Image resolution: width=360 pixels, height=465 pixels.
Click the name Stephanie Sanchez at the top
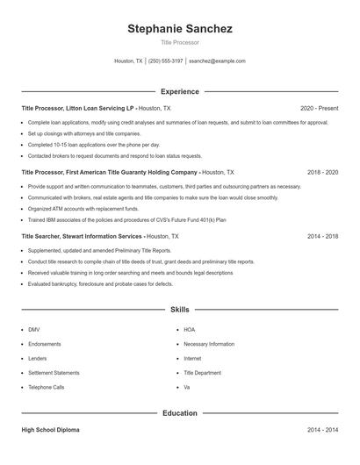(x=180, y=29)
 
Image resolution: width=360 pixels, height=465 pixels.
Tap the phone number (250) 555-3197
(x=165, y=61)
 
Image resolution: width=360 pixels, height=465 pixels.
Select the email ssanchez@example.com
(x=218, y=61)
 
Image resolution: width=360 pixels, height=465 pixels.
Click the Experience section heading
(x=180, y=91)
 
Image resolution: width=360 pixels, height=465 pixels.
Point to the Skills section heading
(x=180, y=310)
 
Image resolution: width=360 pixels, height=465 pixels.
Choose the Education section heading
(x=180, y=412)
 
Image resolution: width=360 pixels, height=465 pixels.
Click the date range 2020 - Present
(x=319, y=108)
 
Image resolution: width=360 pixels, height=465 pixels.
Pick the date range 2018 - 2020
(x=323, y=173)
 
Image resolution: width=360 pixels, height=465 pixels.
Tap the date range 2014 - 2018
(x=323, y=237)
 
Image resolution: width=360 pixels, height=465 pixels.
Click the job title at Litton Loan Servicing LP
(x=77, y=108)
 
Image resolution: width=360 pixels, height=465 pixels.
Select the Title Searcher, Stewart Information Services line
(x=82, y=237)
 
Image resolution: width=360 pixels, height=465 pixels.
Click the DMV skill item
(x=33, y=330)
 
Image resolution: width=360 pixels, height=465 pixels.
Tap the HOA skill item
(x=190, y=330)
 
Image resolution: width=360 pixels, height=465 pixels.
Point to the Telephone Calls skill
(x=46, y=387)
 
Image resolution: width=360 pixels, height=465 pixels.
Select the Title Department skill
(x=203, y=372)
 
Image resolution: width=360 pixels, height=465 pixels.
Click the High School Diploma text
(x=52, y=431)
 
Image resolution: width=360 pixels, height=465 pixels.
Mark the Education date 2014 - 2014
(x=323, y=431)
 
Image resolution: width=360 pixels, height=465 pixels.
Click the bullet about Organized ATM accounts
(x=83, y=210)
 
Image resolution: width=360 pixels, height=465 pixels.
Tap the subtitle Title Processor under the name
(x=180, y=42)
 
